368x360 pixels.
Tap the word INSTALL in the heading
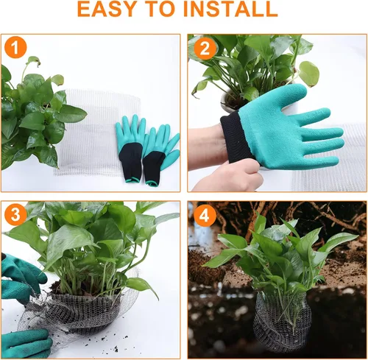(x=230, y=9)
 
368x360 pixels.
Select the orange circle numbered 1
(x=15, y=47)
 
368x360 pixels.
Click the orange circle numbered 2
(x=205, y=49)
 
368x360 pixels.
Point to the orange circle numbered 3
(x=15, y=214)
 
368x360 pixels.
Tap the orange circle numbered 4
(x=205, y=215)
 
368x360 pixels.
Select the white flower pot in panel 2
(x=230, y=102)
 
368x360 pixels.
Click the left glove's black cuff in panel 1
(x=131, y=162)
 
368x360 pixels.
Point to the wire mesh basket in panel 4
(x=282, y=322)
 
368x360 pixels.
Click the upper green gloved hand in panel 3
(x=21, y=278)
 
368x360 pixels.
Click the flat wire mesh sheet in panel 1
(x=98, y=133)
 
